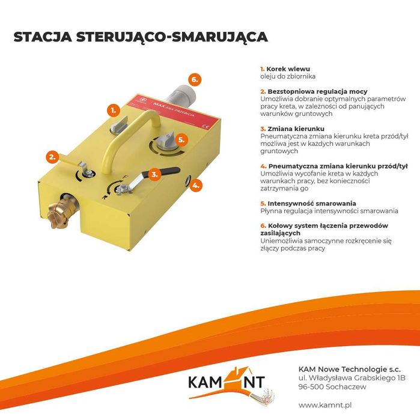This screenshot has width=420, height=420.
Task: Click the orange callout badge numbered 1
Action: [x=112, y=110]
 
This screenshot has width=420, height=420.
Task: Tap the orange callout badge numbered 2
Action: [x=52, y=157]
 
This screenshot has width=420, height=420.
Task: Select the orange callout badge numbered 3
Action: [x=154, y=175]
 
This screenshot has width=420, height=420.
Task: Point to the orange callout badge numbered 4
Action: [x=195, y=186]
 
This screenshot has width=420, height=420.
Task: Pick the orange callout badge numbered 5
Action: [x=182, y=139]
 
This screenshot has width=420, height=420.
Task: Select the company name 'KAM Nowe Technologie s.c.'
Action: [x=341, y=368]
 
